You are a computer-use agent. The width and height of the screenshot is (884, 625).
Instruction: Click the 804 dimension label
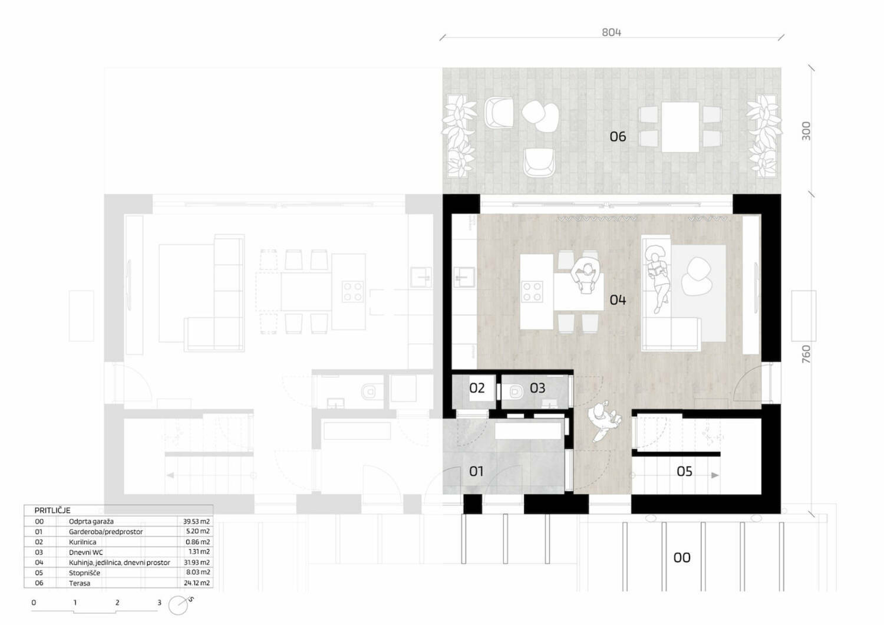point(611,32)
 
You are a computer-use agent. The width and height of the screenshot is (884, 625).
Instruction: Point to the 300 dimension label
point(806,131)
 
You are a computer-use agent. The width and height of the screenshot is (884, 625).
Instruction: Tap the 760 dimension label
point(806,354)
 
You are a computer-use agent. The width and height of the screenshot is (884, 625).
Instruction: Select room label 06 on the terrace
point(618,137)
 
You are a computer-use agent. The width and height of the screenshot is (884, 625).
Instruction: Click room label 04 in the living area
point(618,300)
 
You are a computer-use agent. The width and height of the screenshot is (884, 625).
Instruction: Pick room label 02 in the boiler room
point(477,388)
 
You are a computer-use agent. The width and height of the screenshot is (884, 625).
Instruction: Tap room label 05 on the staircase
point(684,471)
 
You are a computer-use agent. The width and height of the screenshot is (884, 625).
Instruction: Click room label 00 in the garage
point(681,557)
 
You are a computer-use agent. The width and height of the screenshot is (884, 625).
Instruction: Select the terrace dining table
point(680,127)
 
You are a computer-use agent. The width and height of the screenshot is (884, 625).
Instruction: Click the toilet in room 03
point(516,392)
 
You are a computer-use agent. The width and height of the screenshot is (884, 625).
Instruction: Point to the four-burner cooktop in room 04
point(532,291)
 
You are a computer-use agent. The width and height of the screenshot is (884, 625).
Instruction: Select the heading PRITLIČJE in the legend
point(52,510)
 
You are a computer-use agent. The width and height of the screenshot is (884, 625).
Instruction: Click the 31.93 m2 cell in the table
point(196,562)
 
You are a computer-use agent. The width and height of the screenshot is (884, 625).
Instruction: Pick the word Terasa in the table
point(80,583)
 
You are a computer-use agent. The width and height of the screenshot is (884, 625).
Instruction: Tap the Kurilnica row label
point(83,542)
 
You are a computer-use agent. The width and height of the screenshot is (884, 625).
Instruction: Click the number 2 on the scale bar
point(117,603)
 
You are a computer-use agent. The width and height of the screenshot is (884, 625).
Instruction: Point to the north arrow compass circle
point(178,606)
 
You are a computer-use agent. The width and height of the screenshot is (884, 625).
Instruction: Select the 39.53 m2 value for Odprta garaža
point(196,522)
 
